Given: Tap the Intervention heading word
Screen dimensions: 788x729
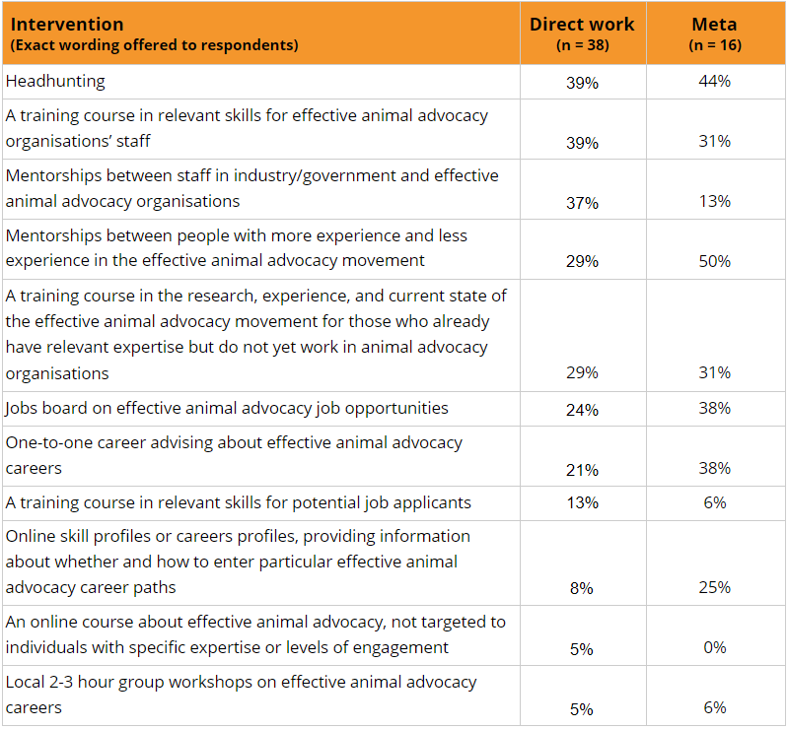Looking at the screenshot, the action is (x=67, y=24).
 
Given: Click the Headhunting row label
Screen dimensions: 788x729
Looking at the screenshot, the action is (x=55, y=81).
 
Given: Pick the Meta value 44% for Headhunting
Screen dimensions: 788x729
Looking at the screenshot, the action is (x=714, y=81).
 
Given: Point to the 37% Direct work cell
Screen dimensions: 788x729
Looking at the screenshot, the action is (x=582, y=203).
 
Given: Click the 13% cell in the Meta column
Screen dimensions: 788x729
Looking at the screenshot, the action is (x=714, y=201).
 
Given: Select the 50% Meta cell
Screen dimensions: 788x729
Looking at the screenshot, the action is (x=714, y=261).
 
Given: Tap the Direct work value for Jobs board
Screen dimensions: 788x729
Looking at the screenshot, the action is (x=582, y=410).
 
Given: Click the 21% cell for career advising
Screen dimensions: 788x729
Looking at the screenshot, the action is (x=582, y=470).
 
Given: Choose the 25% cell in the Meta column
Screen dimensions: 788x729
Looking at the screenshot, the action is (x=714, y=587).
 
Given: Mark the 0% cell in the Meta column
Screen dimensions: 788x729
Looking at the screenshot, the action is (x=715, y=647).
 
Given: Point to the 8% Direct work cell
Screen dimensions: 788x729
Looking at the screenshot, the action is (x=582, y=588).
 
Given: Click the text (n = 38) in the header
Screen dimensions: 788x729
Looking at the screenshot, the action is (x=583, y=45).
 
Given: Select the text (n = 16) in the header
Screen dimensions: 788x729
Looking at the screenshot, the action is (x=715, y=45).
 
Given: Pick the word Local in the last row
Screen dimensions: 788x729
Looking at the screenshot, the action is (x=25, y=682).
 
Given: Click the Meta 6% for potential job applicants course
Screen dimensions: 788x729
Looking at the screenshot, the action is (x=715, y=502).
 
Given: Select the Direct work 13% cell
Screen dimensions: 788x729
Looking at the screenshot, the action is (x=583, y=502).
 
